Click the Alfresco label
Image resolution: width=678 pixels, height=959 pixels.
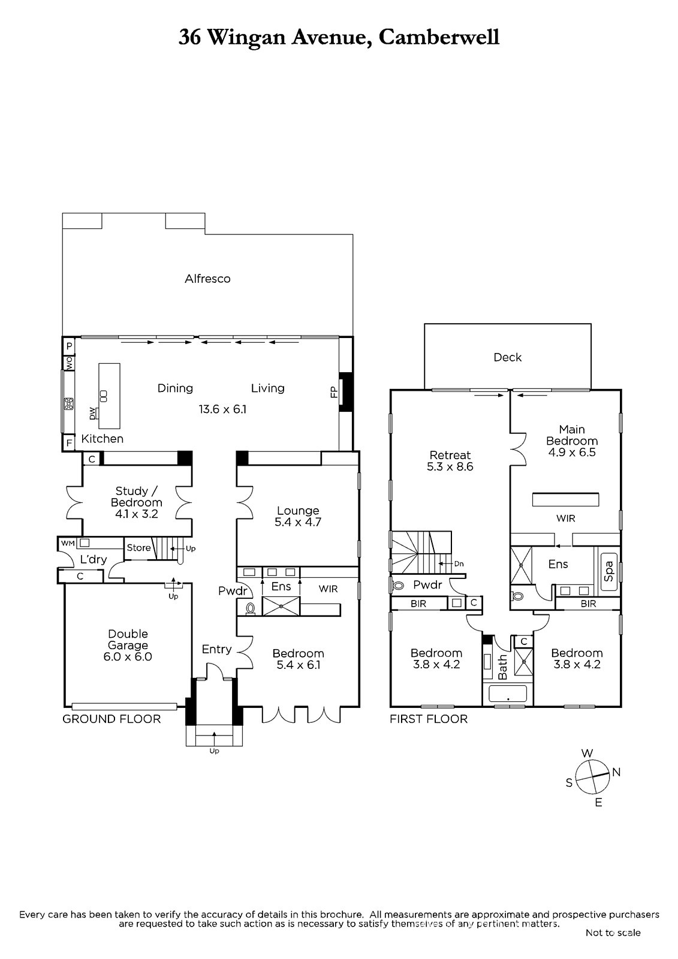(x=207, y=279)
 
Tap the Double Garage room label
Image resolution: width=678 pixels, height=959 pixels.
(x=128, y=639)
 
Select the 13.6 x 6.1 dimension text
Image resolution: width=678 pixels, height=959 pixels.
(x=222, y=409)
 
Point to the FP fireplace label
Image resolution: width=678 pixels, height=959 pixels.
(x=334, y=392)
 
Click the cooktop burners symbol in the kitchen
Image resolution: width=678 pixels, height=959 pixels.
(x=68, y=404)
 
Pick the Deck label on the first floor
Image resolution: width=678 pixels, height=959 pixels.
(x=508, y=357)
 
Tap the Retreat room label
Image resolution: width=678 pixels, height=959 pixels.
(x=450, y=455)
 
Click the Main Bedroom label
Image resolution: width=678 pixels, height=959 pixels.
(x=572, y=435)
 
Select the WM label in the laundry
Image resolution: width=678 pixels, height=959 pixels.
(x=68, y=543)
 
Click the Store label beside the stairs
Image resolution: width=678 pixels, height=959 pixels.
(x=138, y=548)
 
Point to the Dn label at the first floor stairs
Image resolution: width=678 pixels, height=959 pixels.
(x=459, y=564)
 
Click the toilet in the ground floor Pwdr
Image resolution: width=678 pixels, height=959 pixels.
(x=249, y=608)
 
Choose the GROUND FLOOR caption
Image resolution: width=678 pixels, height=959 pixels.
(x=112, y=719)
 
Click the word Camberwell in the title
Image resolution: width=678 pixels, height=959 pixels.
(x=439, y=38)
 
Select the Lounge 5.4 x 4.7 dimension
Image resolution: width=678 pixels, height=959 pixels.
(x=298, y=522)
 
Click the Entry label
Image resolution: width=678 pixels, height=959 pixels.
(x=217, y=650)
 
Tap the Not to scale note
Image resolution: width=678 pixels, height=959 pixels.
(x=613, y=933)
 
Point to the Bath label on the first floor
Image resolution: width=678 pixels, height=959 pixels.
(x=503, y=666)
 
